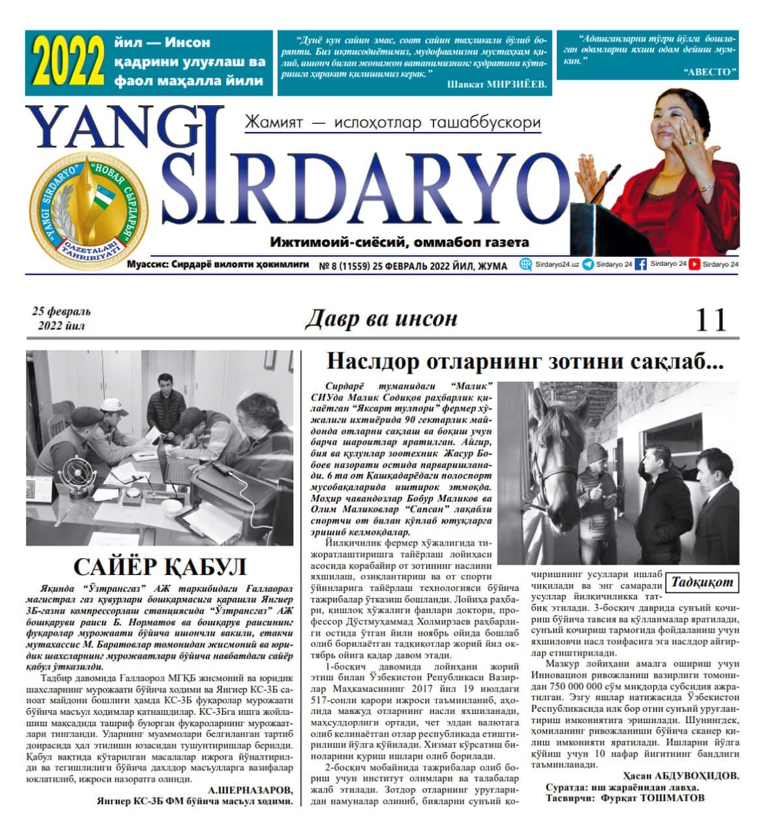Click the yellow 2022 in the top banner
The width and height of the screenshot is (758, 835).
(x=68, y=63)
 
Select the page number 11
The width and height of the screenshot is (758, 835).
(x=710, y=321)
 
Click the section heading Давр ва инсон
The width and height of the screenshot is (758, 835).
(x=381, y=319)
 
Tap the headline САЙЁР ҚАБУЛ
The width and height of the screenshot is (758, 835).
(x=160, y=565)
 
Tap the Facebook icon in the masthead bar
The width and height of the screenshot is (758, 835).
(x=641, y=264)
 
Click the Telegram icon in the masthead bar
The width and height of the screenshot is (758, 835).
(x=588, y=264)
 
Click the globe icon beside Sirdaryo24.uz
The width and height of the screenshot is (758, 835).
(x=526, y=264)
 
